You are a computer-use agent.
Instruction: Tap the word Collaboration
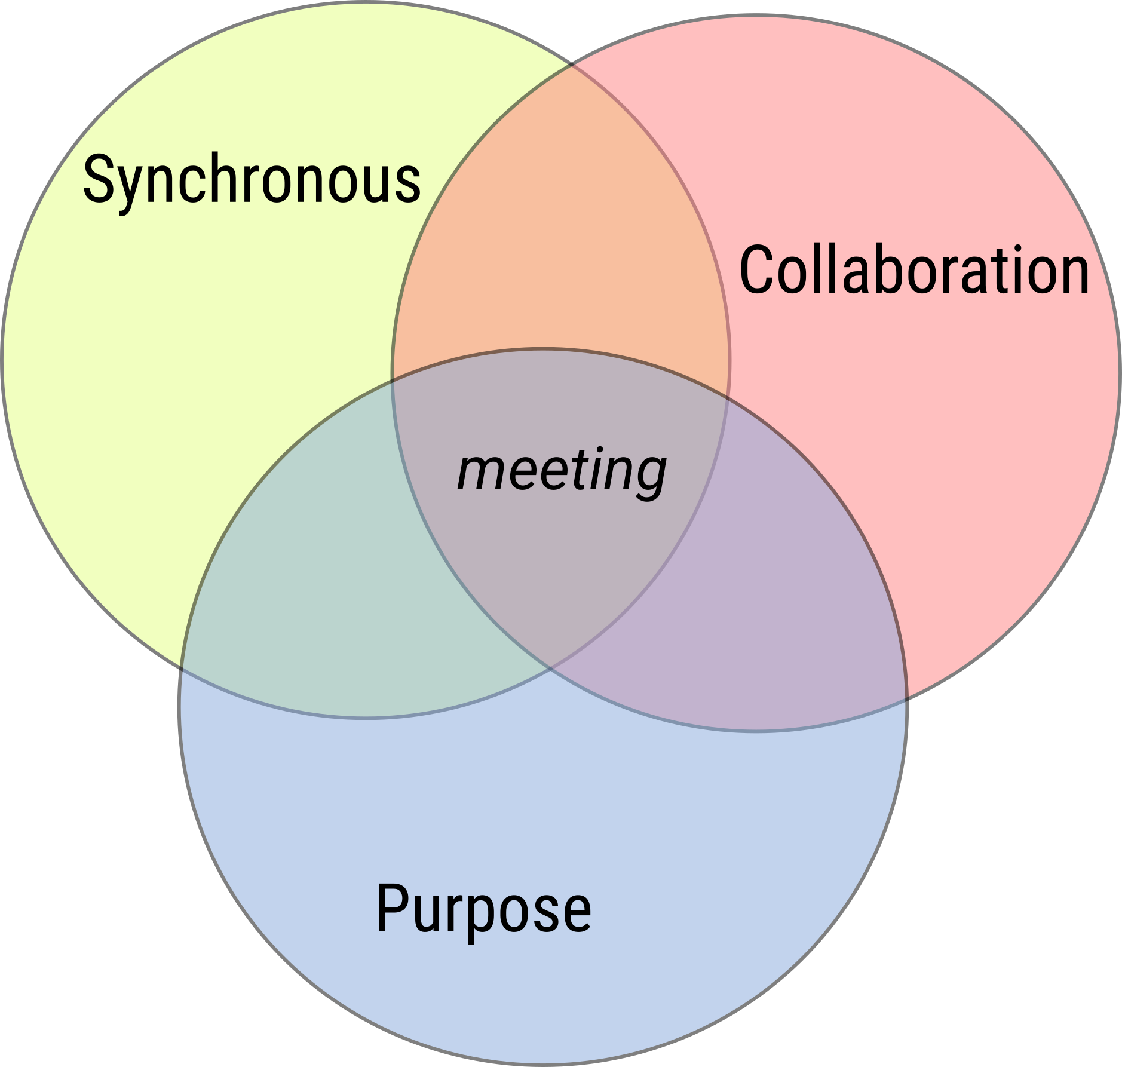914,269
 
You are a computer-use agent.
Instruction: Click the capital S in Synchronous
98,179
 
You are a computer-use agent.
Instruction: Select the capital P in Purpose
392,907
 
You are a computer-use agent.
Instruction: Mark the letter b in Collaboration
875,269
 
